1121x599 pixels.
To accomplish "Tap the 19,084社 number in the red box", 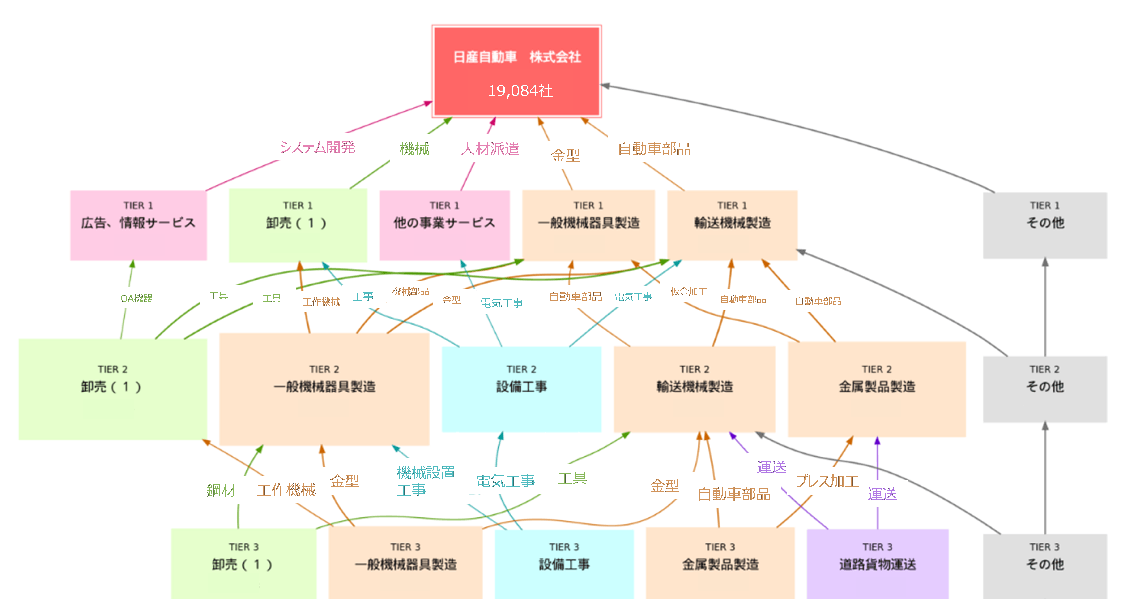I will [520, 90].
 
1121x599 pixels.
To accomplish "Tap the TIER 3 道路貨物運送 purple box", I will [877, 564].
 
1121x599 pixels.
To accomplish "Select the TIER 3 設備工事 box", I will [564, 564].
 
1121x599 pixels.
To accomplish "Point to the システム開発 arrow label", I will [317, 147].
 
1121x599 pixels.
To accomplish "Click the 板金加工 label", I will [688, 291].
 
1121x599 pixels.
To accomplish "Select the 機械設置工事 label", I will [425, 481].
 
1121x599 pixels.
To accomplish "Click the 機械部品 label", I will [410, 291].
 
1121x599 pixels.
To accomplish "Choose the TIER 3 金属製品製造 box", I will [720, 564].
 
